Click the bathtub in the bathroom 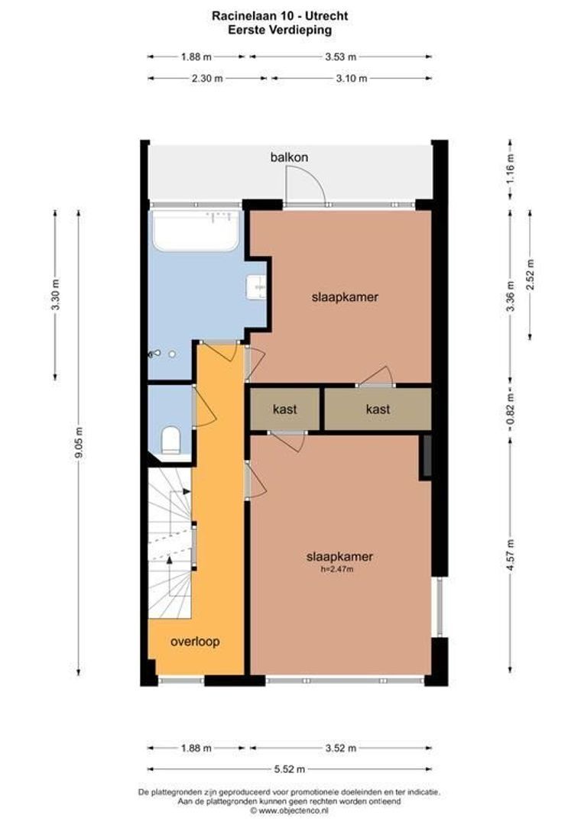(196, 231)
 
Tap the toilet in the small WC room (171, 440)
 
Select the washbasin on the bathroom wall (256, 286)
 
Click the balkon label (289, 157)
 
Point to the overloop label (195, 642)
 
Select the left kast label (284, 409)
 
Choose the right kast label (378, 409)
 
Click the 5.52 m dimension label (288, 769)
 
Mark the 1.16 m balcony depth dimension (511, 164)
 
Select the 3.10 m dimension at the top (352, 78)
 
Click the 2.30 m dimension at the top (207, 78)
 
